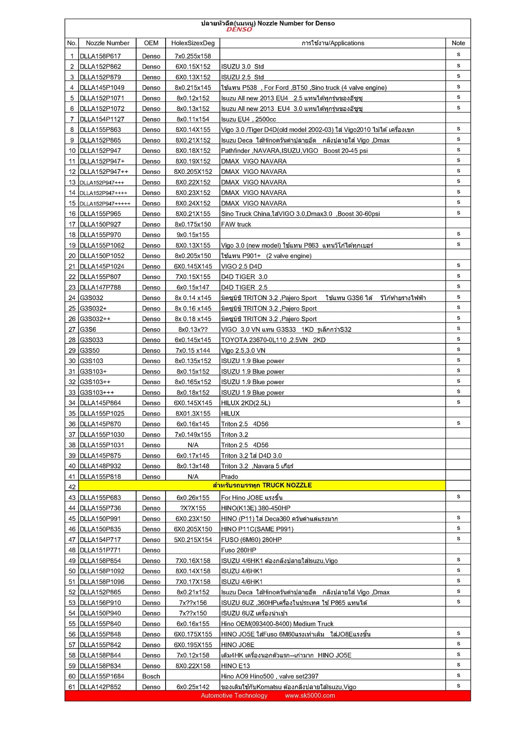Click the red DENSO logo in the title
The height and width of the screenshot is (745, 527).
click(239, 29)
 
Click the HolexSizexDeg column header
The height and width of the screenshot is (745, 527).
click(193, 43)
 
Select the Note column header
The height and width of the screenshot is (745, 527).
click(458, 43)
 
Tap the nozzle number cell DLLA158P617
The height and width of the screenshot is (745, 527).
click(100, 56)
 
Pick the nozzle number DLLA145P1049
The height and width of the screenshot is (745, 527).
click(102, 88)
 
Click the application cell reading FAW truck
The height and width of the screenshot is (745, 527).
click(236, 224)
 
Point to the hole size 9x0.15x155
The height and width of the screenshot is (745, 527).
click(193, 235)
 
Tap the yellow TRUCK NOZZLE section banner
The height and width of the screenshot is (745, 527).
click(262, 485)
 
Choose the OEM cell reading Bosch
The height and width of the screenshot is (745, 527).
click(151, 676)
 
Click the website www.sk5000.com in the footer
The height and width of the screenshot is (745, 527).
click(310, 695)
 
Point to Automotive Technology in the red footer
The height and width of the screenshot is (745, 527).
click(234, 695)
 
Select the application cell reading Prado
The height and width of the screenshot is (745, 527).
click(230, 477)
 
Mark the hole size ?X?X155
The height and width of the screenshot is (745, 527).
click(193, 508)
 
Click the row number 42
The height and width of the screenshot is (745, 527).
click(72, 487)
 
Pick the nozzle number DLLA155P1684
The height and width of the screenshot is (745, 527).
click(102, 676)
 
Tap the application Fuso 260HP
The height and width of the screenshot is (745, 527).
click(238, 550)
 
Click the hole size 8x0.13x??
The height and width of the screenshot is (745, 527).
click(193, 329)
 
